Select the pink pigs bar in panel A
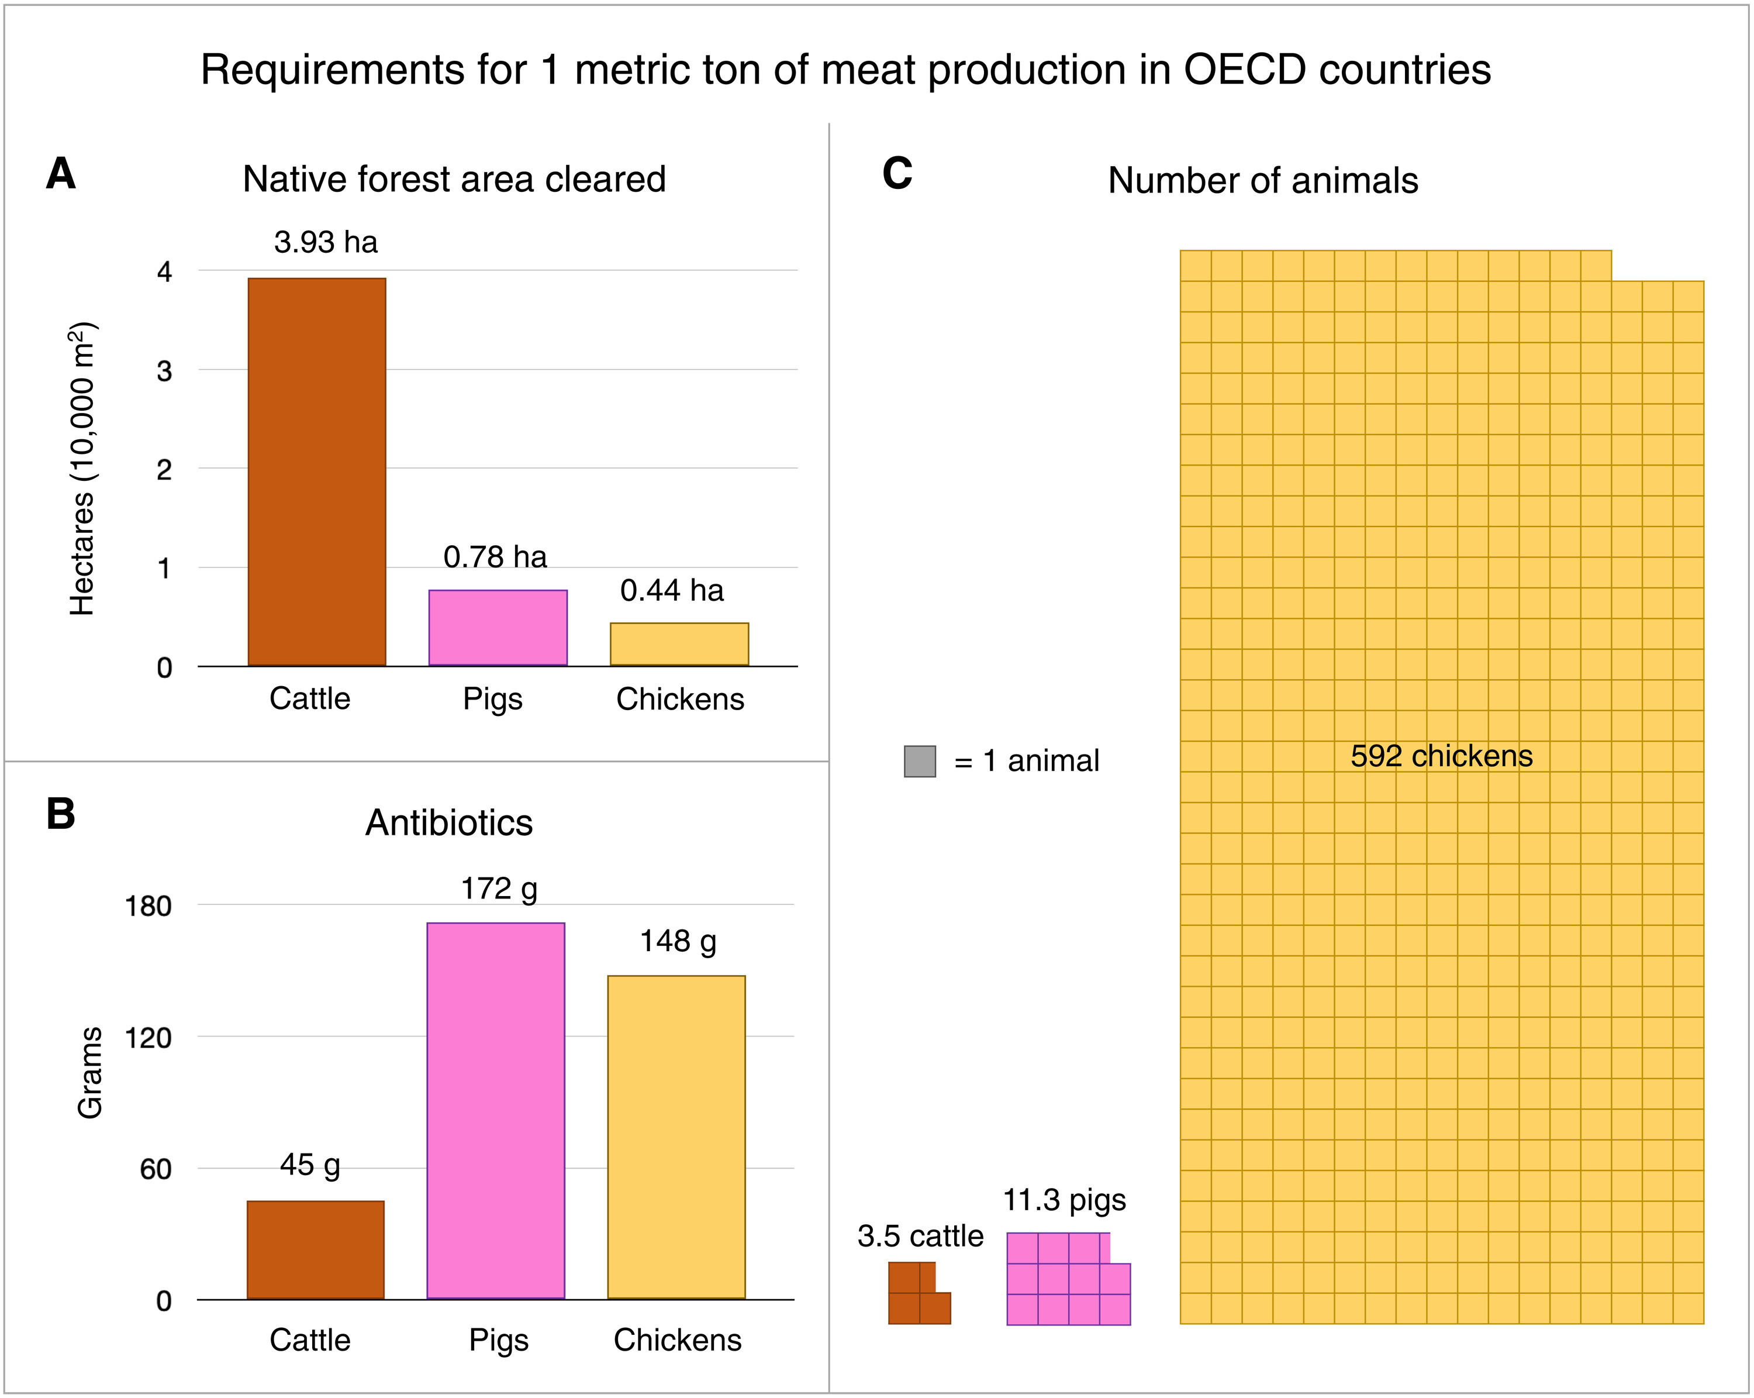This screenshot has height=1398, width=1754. point(498,628)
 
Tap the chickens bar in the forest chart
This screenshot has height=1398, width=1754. point(679,645)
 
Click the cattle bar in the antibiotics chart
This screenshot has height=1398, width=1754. point(316,1250)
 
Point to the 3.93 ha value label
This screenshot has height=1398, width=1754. point(326,243)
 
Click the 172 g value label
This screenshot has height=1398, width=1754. point(499,889)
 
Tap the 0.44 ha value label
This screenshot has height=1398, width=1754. point(671,591)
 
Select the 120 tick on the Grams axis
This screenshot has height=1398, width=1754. point(147,1038)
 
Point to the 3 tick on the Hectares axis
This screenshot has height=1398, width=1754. point(164,371)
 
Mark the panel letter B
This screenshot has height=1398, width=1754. point(61,814)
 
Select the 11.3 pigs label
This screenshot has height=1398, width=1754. point(1064,1200)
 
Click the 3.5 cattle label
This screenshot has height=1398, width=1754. point(920,1236)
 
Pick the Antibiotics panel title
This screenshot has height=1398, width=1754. point(449,822)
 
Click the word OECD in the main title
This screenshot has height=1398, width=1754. point(1245,70)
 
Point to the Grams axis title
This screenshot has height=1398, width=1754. point(89,1073)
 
